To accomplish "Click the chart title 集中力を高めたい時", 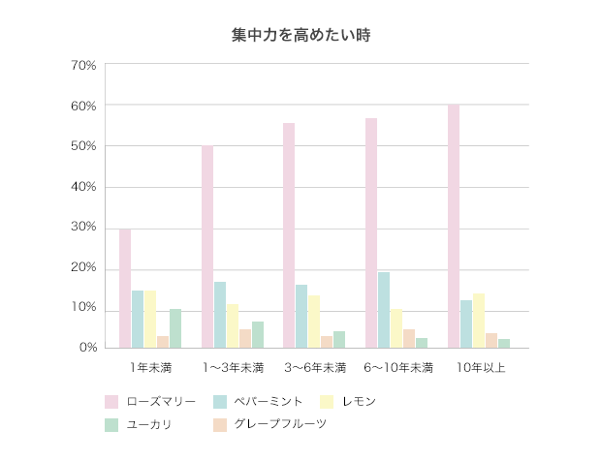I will [x=300, y=35].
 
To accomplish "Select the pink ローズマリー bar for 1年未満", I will [x=125, y=289].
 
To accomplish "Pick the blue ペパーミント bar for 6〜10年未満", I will [x=384, y=310].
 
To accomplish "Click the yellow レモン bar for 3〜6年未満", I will [x=314, y=322].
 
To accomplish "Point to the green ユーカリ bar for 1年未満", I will [x=175, y=328].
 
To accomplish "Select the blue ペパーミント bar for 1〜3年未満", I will [x=220, y=315].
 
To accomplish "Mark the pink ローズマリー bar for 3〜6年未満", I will [x=289, y=235].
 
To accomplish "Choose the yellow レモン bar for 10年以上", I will [x=479, y=321].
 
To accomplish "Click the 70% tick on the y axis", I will [x=83, y=65].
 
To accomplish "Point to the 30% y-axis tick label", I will [x=83, y=228].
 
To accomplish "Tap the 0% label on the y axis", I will [x=87, y=348].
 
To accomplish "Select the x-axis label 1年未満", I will [x=150, y=368].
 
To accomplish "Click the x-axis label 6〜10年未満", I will [x=397, y=368].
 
